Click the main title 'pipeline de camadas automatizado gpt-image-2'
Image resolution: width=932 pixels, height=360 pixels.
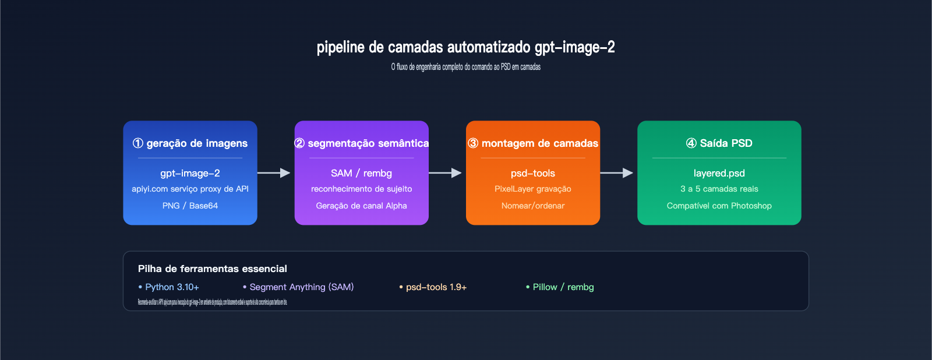[x=465, y=47]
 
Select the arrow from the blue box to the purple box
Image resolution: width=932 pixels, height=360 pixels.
[x=274, y=173]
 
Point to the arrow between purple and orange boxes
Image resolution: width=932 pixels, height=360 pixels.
[x=445, y=173]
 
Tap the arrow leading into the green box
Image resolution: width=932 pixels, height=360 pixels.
[x=616, y=173]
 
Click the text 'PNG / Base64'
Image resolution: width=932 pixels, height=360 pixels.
[x=190, y=206]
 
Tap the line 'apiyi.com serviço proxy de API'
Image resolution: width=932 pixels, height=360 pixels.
[x=190, y=189]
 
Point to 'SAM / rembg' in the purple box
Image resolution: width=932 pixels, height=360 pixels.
[x=361, y=173]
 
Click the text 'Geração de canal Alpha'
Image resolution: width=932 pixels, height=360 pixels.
[x=361, y=206]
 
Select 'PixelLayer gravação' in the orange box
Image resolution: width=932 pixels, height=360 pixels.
[x=533, y=189]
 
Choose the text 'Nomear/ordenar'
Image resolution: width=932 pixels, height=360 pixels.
[x=533, y=206]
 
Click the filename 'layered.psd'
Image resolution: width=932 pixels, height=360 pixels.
[x=719, y=173]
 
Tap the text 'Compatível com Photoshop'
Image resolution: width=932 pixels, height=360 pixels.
[x=719, y=206]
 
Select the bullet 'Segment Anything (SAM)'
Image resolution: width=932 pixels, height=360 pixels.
[x=301, y=287]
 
